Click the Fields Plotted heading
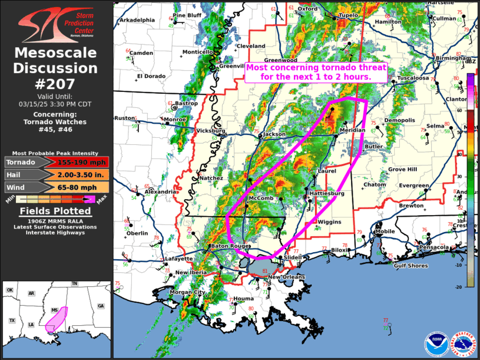point(56,211)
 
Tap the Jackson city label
point(274,134)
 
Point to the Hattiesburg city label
point(325,193)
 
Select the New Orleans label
point(286,277)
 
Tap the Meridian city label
point(352,130)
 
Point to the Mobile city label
point(385,232)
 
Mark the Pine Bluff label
point(187,15)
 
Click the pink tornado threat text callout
point(316,72)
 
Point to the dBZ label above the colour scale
point(470,61)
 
